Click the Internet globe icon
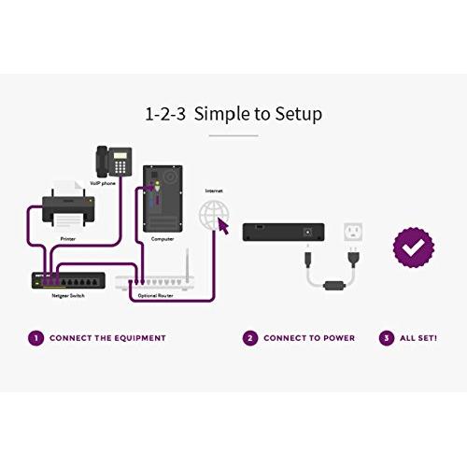tap(214, 212)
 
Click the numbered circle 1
tap(35, 338)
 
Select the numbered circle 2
tap(249, 338)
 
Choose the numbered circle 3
tap(386, 338)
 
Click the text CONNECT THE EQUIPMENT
tap(107, 338)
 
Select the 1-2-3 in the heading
tap(163, 115)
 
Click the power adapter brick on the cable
tap(332, 283)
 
